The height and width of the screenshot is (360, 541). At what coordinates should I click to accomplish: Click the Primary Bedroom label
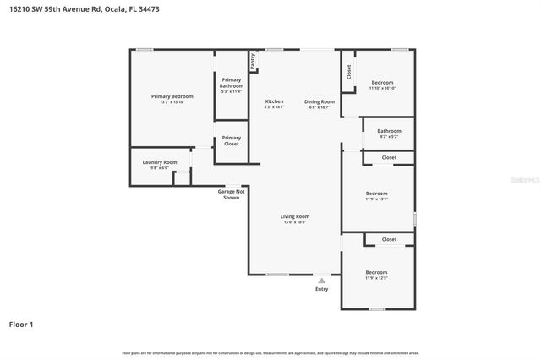[x=172, y=97]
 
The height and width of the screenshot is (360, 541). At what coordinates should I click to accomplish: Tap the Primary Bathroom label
[x=231, y=84]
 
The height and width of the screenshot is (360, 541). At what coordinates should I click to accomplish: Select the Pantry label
[x=252, y=61]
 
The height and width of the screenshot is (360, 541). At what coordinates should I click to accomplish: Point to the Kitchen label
[x=274, y=101]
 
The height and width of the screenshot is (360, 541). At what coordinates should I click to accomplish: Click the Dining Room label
[x=320, y=101]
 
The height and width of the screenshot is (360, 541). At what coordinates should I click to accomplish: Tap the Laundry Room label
[x=159, y=161]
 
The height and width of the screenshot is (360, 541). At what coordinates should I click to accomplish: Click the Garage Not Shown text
[x=232, y=194]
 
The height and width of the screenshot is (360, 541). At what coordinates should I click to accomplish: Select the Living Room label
[x=295, y=216]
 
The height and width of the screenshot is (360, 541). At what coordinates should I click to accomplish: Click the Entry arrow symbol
[x=321, y=281]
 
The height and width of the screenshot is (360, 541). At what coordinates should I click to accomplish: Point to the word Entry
[x=321, y=289]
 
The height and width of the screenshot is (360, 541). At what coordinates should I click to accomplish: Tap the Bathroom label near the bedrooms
[x=389, y=131]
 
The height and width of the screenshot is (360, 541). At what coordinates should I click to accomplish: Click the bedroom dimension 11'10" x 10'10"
[x=383, y=88]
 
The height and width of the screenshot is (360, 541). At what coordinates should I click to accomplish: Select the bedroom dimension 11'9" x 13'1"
[x=376, y=199]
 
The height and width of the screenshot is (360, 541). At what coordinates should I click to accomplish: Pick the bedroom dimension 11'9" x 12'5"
[x=376, y=277]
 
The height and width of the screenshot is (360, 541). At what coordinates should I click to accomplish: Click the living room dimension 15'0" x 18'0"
[x=295, y=222]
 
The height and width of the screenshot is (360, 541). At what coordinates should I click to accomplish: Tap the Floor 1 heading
[x=22, y=324]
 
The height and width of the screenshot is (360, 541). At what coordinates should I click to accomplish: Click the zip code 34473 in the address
[x=147, y=8]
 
